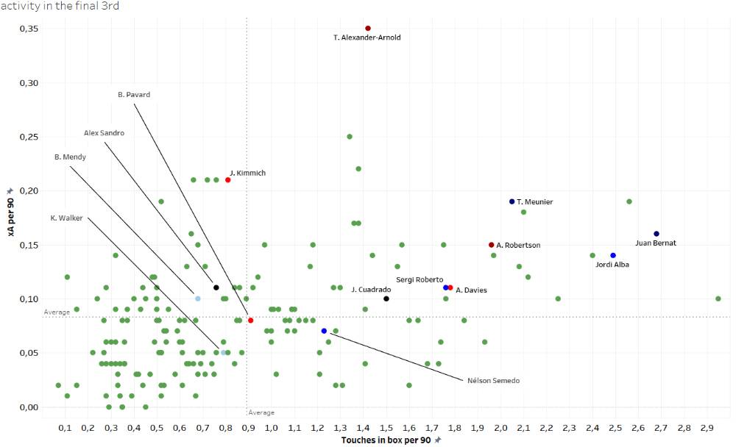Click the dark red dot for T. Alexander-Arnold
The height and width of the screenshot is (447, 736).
(x=368, y=29)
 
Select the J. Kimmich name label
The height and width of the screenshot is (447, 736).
(x=247, y=174)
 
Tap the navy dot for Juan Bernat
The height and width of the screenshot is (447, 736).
(x=657, y=234)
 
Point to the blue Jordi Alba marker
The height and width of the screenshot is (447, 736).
(x=613, y=255)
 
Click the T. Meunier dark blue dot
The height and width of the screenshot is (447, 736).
(x=512, y=201)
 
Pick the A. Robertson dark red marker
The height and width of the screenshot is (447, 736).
(x=491, y=245)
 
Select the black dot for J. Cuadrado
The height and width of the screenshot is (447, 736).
(x=386, y=298)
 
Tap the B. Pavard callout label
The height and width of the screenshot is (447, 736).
(x=134, y=94)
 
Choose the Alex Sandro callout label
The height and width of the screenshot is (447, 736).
(x=104, y=133)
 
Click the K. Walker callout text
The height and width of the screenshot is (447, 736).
(x=66, y=218)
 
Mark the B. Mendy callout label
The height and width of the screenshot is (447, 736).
(x=70, y=157)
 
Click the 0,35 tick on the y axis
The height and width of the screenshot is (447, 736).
(x=29, y=29)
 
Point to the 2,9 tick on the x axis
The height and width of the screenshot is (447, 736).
(x=707, y=427)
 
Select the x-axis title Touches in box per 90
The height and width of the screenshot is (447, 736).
(x=386, y=440)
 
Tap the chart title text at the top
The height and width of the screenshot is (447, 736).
(x=60, y=6)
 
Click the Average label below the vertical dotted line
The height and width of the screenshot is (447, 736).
(x=261, y=412)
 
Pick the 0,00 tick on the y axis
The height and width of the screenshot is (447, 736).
(x=29, y=407)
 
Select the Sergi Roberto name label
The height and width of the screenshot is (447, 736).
(x=420, y=280)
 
